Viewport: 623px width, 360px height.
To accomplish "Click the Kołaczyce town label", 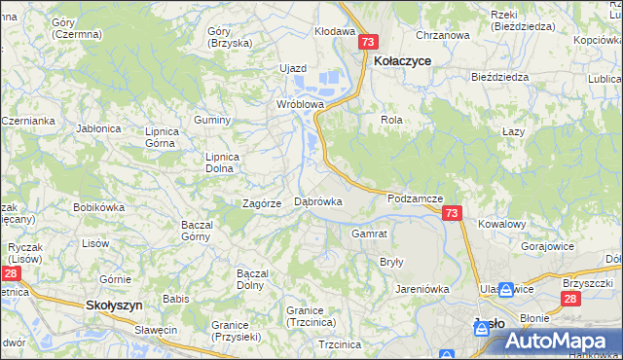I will [403, 59].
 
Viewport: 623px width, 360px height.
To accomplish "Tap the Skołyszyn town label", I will [115, 305].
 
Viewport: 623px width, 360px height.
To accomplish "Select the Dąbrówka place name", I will [317, 201].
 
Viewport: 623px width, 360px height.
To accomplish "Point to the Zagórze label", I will [262, 203].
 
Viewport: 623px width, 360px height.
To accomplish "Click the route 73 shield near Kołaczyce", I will [368, 42].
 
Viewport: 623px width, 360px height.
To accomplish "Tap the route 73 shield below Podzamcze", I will [451, 214].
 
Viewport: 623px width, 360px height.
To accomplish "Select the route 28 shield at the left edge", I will [9, 275].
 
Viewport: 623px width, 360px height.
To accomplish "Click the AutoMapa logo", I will [556, 342].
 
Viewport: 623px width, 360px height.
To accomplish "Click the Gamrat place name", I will [370, 234].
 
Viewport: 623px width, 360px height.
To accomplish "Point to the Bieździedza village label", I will [498, 76].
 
